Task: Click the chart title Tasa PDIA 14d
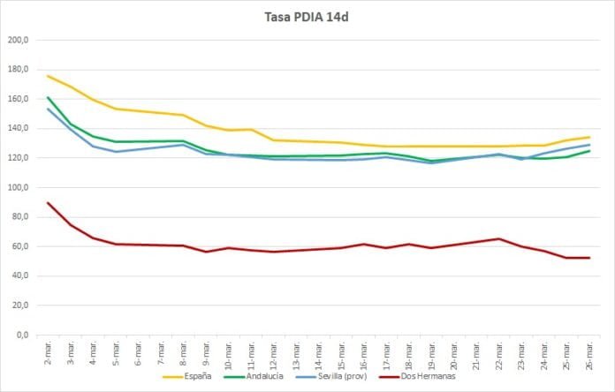pyautogui.click(x=308, y=17)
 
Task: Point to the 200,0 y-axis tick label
pyautogui.click(x=18, y=41)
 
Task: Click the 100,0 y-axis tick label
pyautogui.click(x=18, y=188)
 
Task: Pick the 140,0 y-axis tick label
pyautogui.click(x=18, y=129)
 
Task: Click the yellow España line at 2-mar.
pyautogui.click(x=48, y=76)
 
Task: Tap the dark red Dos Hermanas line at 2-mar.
pyautogui.click(x=48, y=203)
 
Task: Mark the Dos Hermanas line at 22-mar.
pyautogui.click(x=498, y=238)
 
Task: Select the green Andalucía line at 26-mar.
pyautogui.click(x=588, y=151)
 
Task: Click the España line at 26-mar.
pyautogui.click(x=588, y=137)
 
